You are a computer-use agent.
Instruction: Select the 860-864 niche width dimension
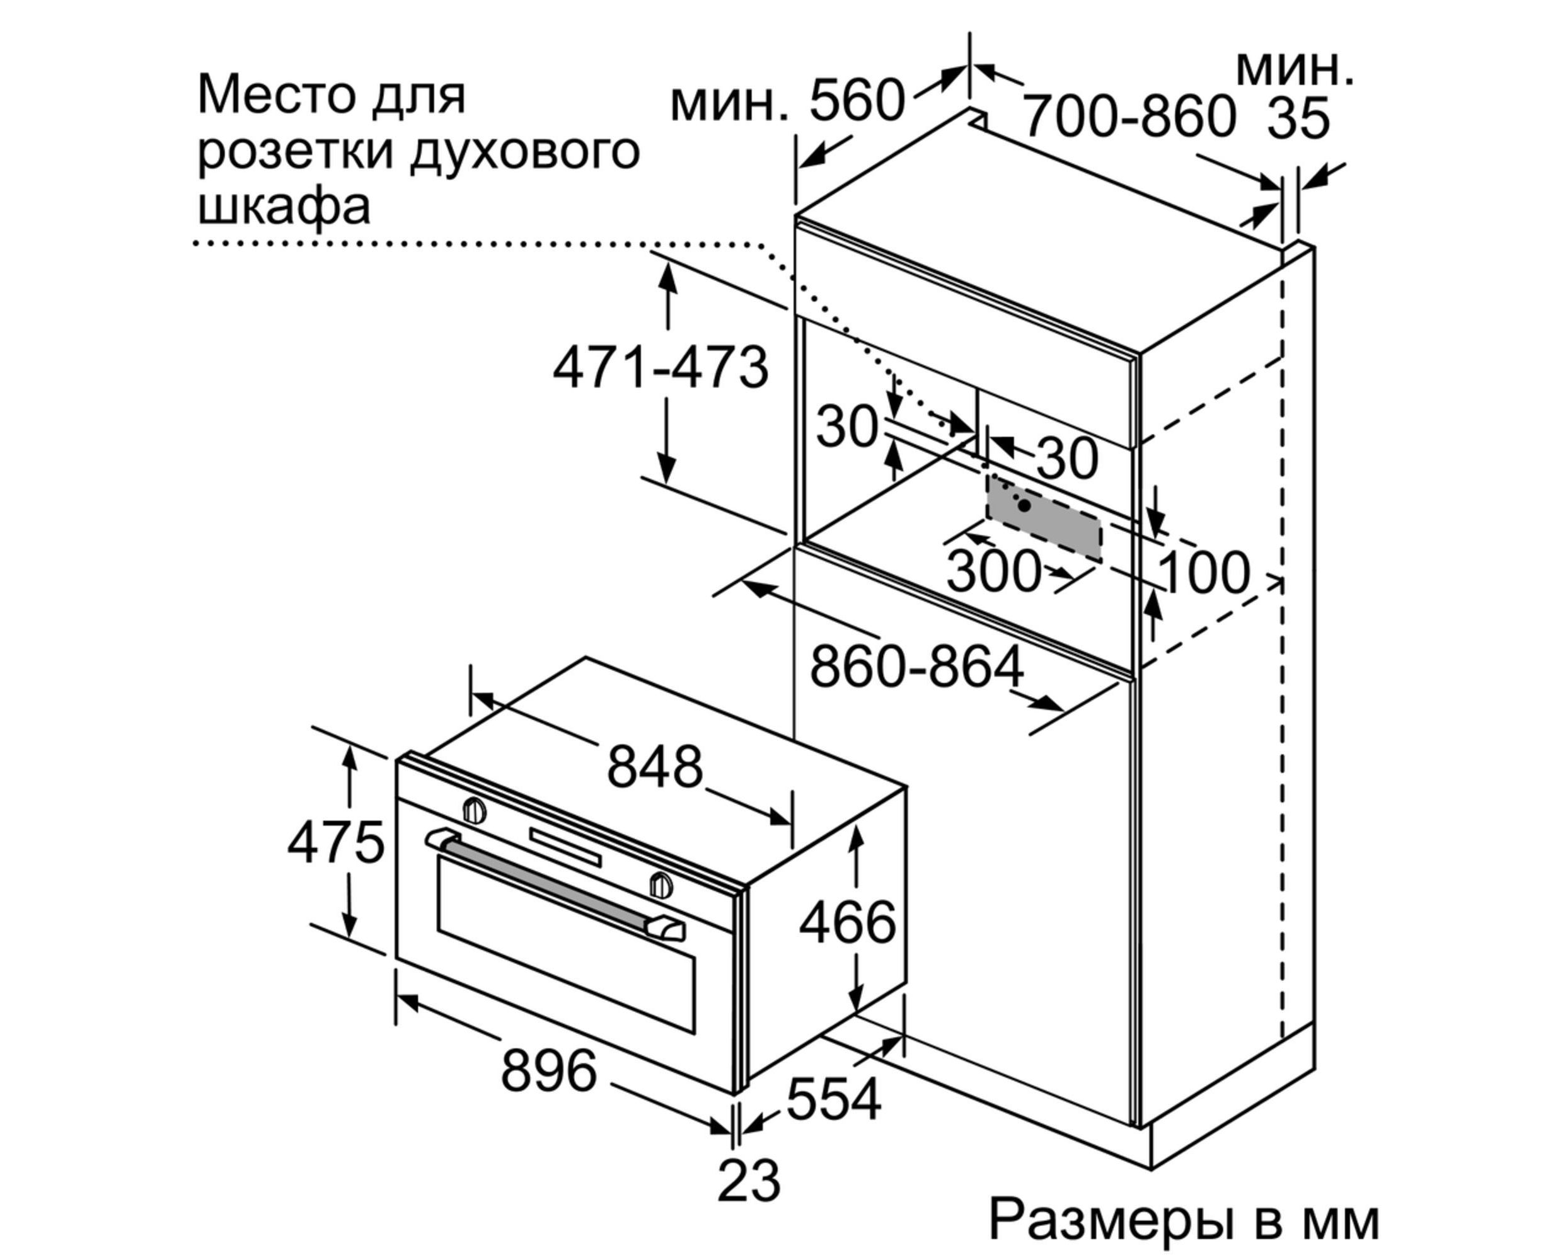[916, 667]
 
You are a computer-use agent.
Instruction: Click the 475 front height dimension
[335, 843]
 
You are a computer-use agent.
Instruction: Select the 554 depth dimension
[833, 1098]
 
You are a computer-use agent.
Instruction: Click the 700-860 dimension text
[1129, 116]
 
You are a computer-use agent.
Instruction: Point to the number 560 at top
[857, 100]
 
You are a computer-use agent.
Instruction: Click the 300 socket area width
[993, 571]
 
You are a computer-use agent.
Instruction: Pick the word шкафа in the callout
[284, 207]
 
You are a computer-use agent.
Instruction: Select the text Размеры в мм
[1184, 1220]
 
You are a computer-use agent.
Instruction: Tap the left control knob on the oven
[474, 810]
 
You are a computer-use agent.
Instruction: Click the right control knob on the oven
[660, 885]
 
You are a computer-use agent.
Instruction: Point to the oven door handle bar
[552, 886]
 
